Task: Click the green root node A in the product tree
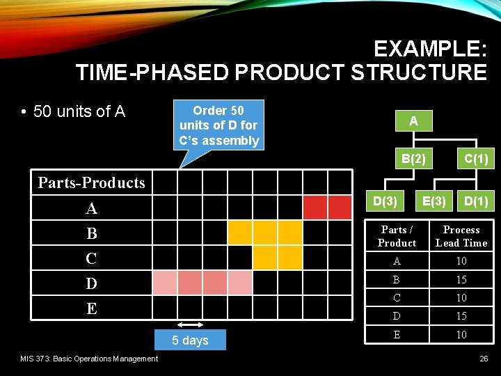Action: [413, 120]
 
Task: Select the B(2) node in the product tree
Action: [413, 159]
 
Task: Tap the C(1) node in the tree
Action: [476, 159]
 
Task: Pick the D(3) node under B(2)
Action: [385, 201]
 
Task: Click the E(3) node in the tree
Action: [434, 201]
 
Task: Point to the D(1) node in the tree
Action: [476, 201]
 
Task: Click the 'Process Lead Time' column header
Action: [461, 236]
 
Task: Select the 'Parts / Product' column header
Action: [397, 236]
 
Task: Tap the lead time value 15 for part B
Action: [461, 280]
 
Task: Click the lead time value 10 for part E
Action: [461, 335]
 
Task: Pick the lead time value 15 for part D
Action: [461, 316]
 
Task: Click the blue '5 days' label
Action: [191, 340]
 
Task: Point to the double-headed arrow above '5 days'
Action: [190, 325]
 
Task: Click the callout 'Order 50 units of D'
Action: [218, 125]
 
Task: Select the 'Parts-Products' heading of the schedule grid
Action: [91, 182]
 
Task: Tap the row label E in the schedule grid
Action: [91, 308]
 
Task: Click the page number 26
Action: [484, 359]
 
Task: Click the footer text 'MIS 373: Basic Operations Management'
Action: [88, 359]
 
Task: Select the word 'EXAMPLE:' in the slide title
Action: [429, 49]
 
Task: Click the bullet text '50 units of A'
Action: [79, 111]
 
